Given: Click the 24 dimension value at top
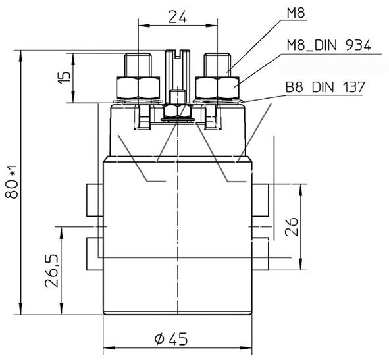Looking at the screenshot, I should pyautogui.click(x=176, y=17).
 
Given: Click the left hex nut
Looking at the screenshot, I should pyautogui.click(x=138, y=87).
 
